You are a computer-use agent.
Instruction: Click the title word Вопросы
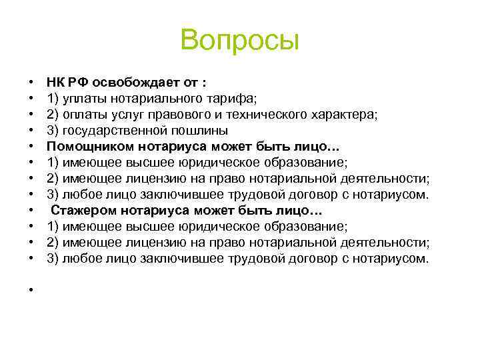(240, 41)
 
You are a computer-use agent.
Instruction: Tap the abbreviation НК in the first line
(55, 82)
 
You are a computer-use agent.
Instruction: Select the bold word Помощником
(89, 146)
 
